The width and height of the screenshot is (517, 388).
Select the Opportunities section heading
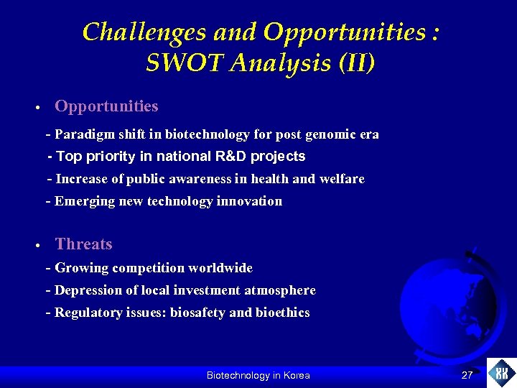[x=106, y=106]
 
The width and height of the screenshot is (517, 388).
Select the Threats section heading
[x=83, y=244]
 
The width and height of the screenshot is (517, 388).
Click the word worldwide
[x=220, y=268]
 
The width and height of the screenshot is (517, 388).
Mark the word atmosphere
[x=280, y=290]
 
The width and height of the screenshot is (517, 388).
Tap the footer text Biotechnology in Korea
[x=258, y=375]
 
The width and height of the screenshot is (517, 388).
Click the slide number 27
[x=467, y=375]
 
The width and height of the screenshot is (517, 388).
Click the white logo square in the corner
[x=501, y=373]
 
